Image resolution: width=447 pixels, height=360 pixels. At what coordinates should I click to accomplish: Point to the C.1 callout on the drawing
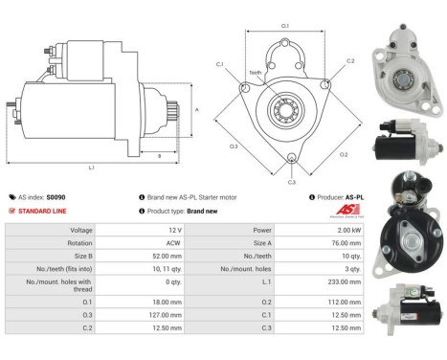coord(219,64)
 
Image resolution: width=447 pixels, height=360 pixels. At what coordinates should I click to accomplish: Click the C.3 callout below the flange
coord(291,181)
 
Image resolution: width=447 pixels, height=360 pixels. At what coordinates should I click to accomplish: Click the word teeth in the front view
coord(256,72)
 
